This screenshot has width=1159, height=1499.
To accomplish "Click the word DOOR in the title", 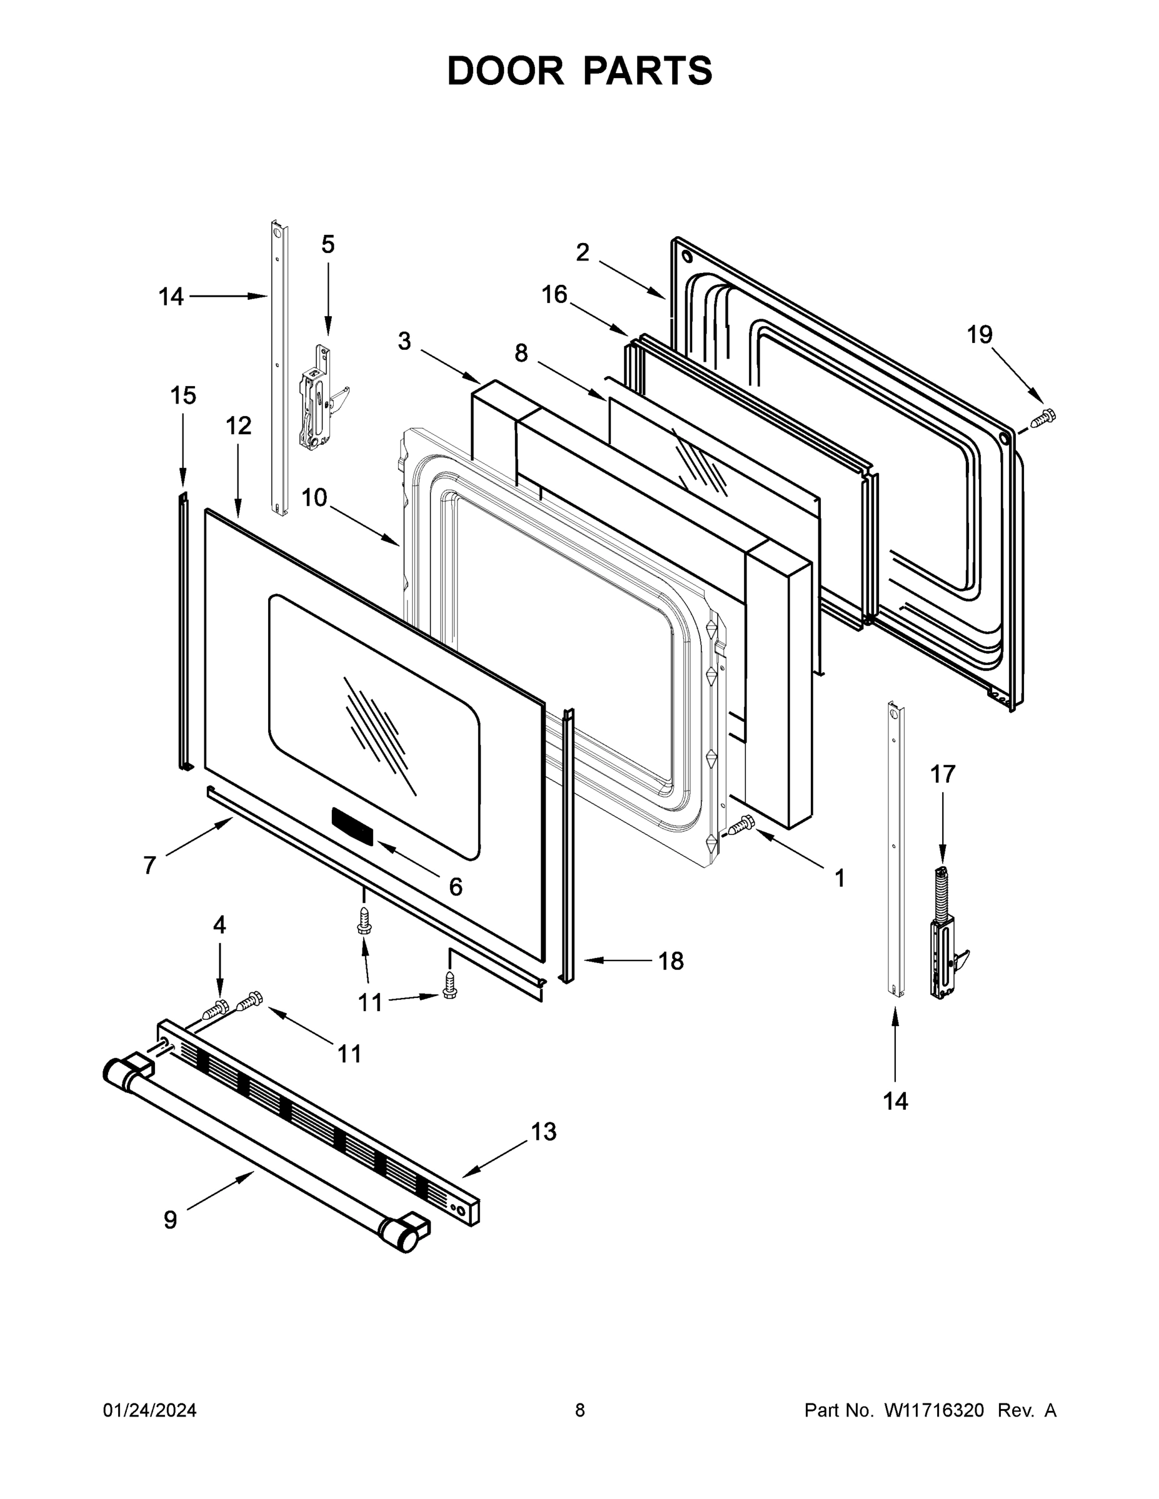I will pos(505,71).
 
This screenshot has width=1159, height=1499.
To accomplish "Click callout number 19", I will pos(979,335).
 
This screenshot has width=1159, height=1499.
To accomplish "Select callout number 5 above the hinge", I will pos(328,244).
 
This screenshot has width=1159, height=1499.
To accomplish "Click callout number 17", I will pos(942,774).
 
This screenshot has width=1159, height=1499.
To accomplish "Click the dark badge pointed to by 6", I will pos(352,825).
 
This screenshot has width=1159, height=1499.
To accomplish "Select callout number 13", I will pos(543,1132).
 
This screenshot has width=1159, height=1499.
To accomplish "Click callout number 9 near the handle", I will pos(171,1220).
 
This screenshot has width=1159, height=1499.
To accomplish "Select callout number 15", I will pos(183,396).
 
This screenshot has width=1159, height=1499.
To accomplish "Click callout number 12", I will pos(238,426).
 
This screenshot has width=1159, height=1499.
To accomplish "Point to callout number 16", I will pos(554,295).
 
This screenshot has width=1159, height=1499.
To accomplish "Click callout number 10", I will pos(314,498).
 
